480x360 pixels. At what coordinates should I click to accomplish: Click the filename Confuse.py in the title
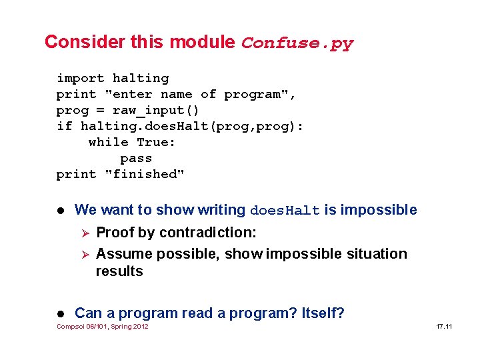(297, 43)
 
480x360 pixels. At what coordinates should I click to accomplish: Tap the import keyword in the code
(80, 79)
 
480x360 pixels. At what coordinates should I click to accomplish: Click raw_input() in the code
(155, 111)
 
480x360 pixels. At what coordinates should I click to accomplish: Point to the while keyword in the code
(108, 143)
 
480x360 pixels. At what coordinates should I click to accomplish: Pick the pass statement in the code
(136, 159)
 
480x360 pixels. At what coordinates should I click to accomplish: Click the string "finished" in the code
(145, 175)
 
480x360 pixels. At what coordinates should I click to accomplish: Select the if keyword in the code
(64, 127)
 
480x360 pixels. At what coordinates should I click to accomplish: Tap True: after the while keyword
(156, 143)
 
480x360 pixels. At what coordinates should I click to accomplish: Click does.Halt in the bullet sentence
(285, 211)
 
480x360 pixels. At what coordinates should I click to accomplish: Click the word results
(119, 271)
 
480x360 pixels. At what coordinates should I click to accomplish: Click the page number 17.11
(444, 327)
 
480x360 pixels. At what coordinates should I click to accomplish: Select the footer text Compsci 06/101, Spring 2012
(103, 327)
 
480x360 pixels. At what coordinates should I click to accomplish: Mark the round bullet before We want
(61, 211)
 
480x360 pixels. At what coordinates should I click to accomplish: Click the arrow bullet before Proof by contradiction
(83, 233)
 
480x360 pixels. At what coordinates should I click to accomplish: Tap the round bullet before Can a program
(61, 313)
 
